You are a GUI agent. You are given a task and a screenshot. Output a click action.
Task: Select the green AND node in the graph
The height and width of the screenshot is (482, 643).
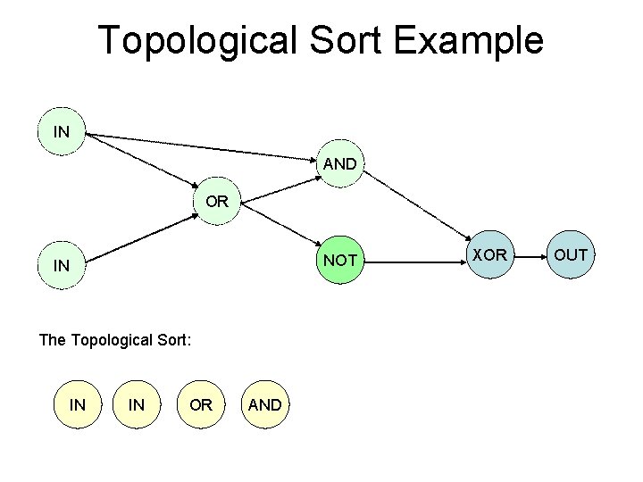coord(339,165)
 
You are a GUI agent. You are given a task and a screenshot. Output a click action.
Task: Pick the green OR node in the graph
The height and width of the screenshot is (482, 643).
coord(217,202)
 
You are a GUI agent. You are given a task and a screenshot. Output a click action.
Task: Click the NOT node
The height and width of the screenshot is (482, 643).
coord(339,261)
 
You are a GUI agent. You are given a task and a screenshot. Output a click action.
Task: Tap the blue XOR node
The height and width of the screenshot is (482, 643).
coord(489,255)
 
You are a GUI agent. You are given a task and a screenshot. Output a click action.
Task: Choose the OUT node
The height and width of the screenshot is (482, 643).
coord(570,255)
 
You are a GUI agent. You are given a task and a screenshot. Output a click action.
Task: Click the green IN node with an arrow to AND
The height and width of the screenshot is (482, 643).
coord(62,133)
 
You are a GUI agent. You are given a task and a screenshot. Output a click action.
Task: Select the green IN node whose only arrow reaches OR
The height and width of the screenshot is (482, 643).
coord(62,265)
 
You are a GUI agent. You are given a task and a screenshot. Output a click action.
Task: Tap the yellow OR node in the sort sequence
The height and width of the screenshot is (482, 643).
coord(201,404)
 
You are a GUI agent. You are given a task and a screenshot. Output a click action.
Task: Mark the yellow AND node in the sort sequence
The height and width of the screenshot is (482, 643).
coord(265,404)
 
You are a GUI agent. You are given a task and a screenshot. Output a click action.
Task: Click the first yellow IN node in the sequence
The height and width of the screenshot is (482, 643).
coord(78,404)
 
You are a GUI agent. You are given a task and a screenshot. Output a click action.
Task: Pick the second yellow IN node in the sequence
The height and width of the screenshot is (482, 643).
coord(137,404)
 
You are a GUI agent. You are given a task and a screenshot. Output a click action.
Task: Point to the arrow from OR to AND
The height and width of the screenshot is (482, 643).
coord(279,190)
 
